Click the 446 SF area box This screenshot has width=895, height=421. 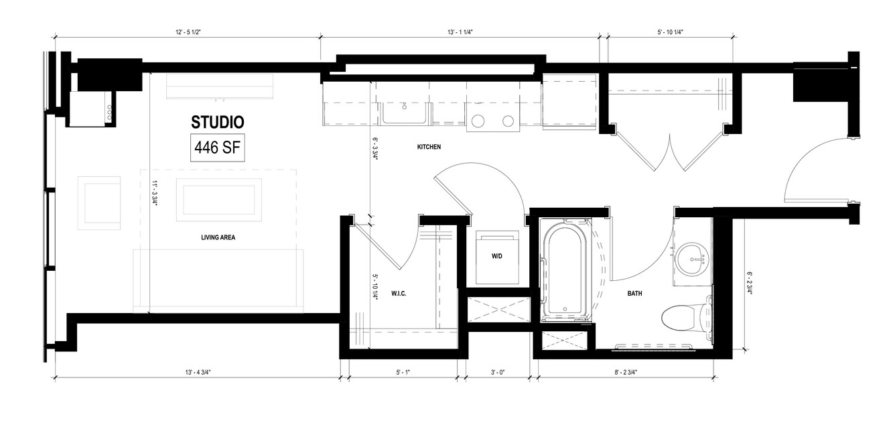217,147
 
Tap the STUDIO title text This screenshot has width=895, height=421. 217,122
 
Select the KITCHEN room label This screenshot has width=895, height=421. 429,147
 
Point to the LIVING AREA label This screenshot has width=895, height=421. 218,237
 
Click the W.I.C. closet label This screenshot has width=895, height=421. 399,294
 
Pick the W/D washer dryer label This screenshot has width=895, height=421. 496,256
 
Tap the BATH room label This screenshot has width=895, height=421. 634,294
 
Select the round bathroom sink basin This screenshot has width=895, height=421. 692,259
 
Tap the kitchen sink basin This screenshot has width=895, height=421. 404,114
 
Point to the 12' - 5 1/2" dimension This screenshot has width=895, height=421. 188,32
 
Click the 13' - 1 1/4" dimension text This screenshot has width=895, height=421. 460,32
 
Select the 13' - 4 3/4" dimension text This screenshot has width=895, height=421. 198,372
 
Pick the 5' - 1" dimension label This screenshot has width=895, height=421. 403,372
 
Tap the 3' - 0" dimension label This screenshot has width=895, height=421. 498,372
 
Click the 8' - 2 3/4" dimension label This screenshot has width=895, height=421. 626,372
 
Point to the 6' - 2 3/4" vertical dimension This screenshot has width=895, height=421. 750,283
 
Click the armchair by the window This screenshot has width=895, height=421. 99,203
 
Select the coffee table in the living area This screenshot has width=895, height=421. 219,200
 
